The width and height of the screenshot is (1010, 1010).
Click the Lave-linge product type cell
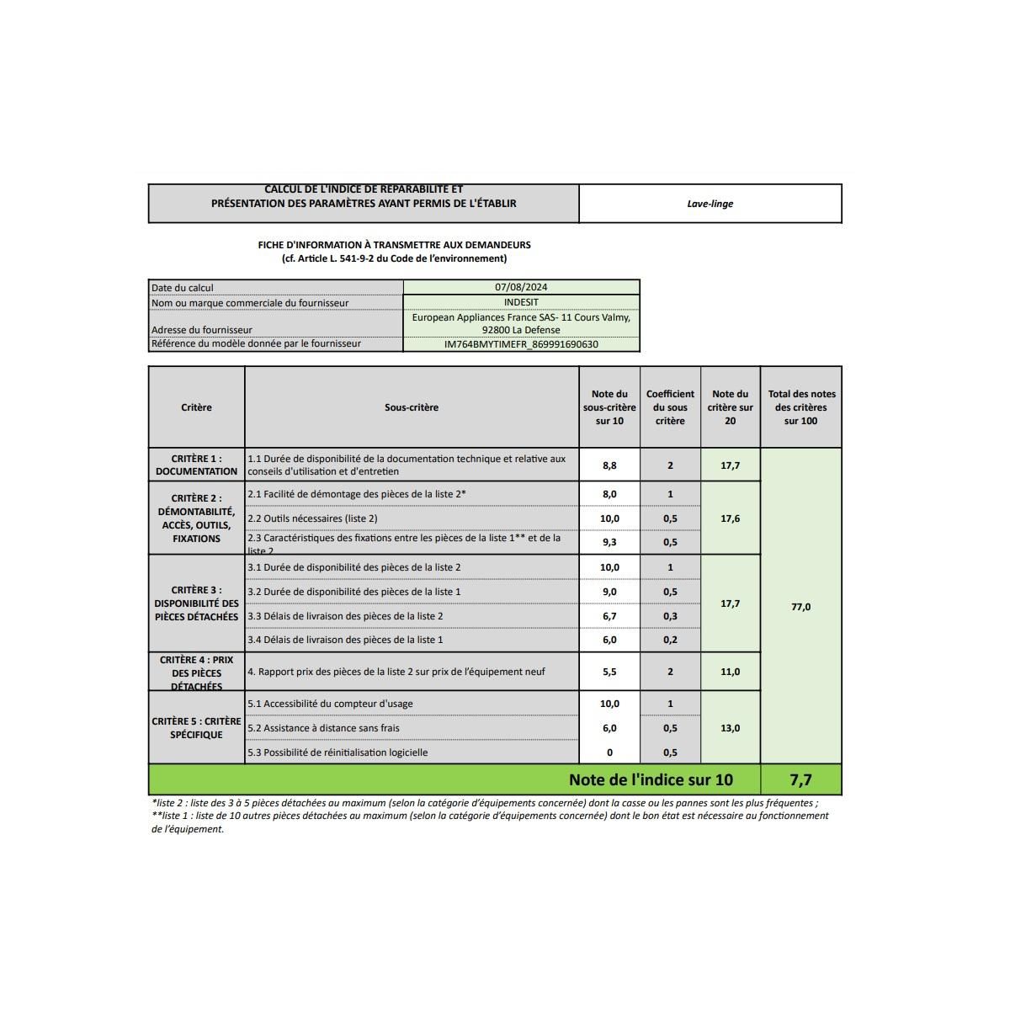pos(710,204)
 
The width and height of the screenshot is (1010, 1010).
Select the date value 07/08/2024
pos(521,287)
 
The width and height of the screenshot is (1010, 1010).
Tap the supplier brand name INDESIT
pos(521,302)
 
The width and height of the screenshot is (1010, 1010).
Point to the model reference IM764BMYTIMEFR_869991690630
pos(521,344)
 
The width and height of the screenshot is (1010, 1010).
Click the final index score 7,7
pos(800,780)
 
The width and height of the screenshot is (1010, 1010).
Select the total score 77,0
pos(800,607)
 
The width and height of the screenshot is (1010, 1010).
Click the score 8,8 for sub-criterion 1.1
pos(609,465)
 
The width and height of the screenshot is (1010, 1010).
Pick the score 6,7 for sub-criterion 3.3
pos(609,616)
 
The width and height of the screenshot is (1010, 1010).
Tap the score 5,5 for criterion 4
pos(609,672)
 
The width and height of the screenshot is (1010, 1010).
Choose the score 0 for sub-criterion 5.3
pos(609,752)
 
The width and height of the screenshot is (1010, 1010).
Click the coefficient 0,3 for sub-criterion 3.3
pos(670,616)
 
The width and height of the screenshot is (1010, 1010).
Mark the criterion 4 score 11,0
pos(730,672)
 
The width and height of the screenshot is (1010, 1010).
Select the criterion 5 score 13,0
pos(730,728)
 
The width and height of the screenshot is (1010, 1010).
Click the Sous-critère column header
pos(412,407)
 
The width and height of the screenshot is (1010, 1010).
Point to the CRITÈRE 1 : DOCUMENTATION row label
pos(196,465)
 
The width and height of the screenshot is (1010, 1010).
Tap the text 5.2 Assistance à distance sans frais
pos(323,728)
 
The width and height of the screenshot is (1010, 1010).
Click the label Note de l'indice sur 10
pos(651,780)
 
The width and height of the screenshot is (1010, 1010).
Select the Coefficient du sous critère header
pos(670,407)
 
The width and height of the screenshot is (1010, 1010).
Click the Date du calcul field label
pos(183,288)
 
